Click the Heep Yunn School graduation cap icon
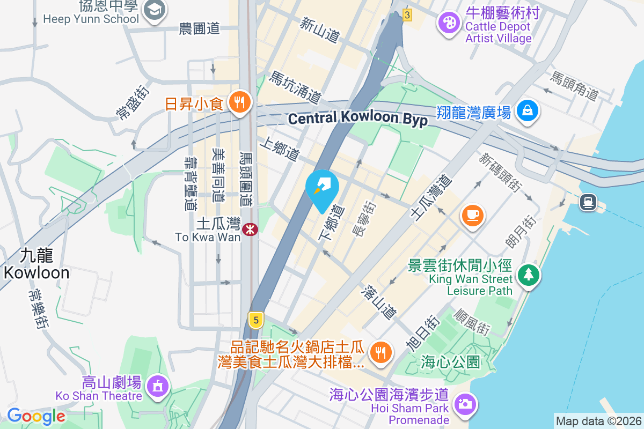coord(155,10)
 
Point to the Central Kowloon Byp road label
coord(358,119)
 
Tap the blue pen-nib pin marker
coord(322,188)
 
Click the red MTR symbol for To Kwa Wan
coord(250,230)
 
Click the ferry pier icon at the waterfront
coord(588,202)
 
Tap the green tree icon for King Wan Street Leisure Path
coord(529,275)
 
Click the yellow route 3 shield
coord(407,15)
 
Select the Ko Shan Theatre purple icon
coord(157,386)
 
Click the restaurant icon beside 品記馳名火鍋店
coord(381,352)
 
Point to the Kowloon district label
coord(36,263)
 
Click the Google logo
coord(36,416)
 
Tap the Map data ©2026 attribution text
coord(598,421)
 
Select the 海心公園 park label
coord(450,362)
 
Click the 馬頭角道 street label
coord(574,86)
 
